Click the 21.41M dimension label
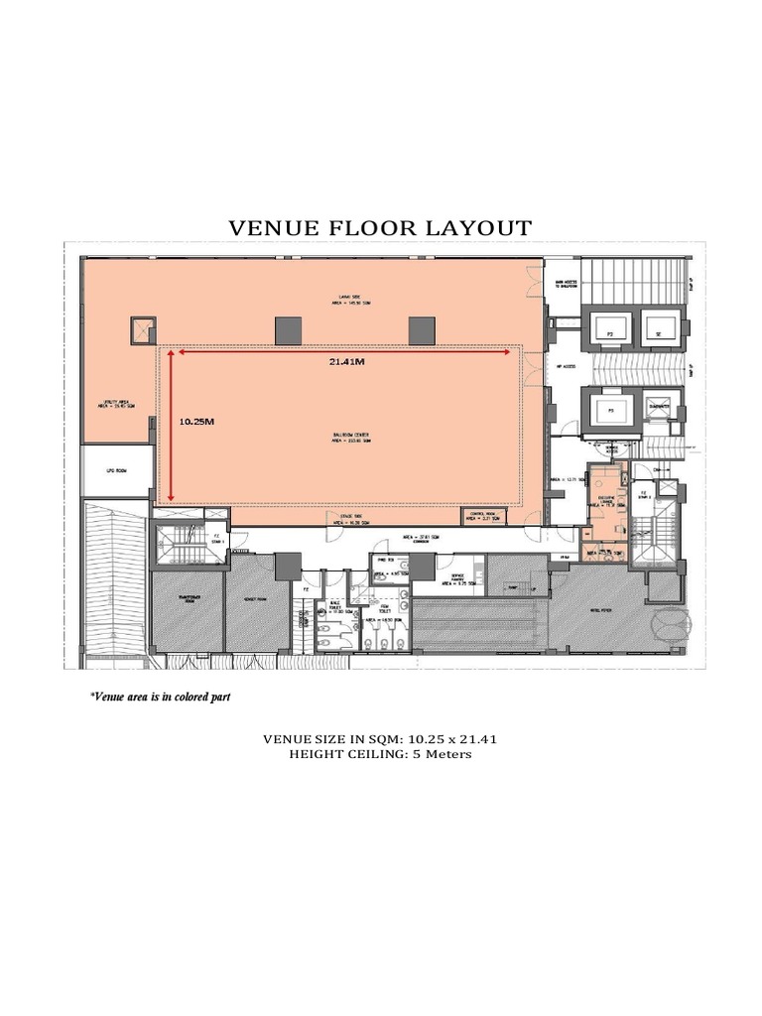346,362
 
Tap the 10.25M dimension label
196,421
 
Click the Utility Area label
115,404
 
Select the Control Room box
489,515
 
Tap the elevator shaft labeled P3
611,408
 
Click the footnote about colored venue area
161,698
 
